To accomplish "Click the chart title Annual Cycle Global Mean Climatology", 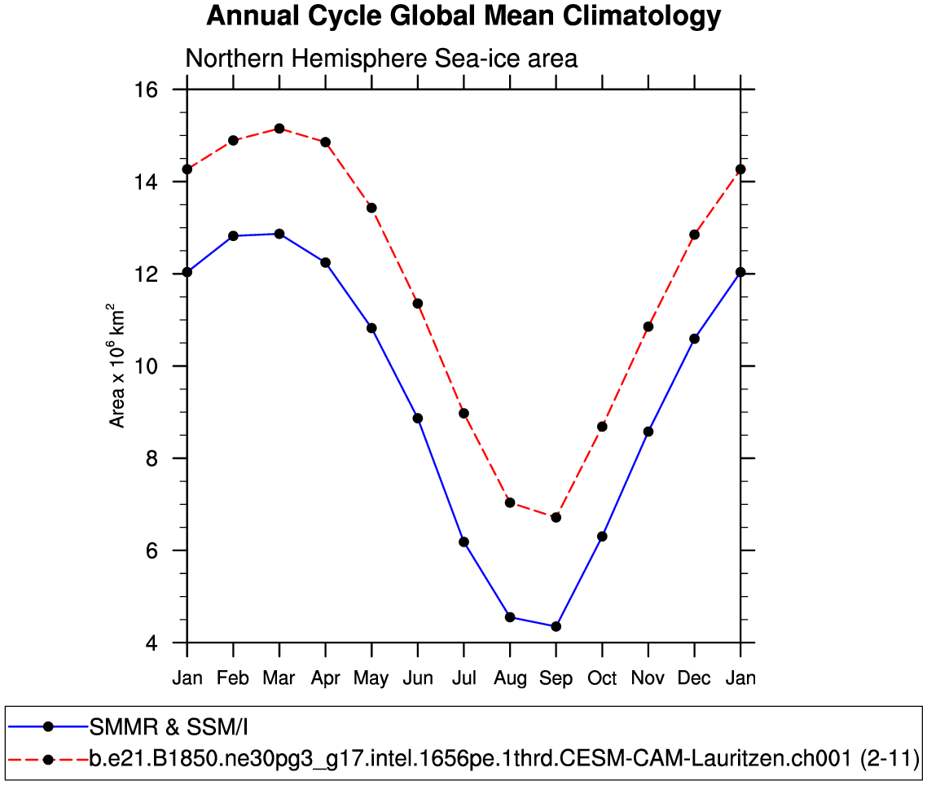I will (x=463, y=16).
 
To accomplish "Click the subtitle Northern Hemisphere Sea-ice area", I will (x=381, y=59).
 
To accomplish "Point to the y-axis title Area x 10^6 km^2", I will (x=118, y=366).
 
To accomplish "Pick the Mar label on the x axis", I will (x=279, y=678).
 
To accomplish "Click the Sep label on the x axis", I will (x=556, y=678).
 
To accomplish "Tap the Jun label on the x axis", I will (x=418, y=678).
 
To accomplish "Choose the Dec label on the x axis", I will (x=694, y=678).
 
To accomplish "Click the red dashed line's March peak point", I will (x=279, y=129).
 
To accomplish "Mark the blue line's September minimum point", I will (x=556, y=626).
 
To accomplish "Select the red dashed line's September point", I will (x=556, y=517).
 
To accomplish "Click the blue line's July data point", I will (x=463, y=542).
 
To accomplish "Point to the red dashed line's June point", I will (x=418, y=304).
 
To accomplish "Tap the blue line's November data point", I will (x=648, y=432).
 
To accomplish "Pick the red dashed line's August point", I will (x=510, y=502).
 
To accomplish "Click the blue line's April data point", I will (x=326, y=262).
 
